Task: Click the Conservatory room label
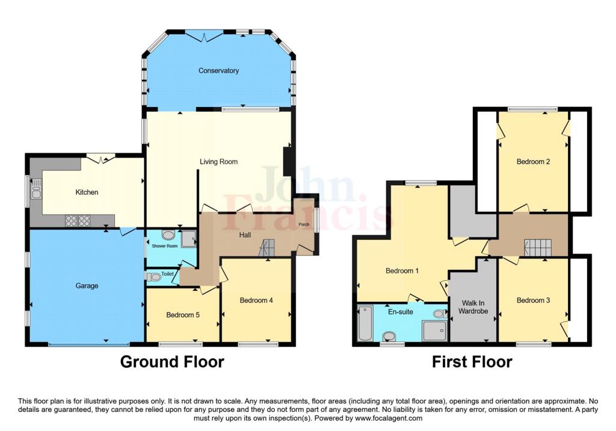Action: pos(218,71)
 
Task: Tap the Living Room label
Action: pos(218,161)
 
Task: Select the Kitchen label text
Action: pos(87,192)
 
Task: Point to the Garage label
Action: pos(87,286)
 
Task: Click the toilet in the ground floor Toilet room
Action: pos(153,277)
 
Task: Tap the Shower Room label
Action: pos(165,246)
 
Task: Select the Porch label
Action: pos(304,225)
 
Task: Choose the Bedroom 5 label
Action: pos(183,315)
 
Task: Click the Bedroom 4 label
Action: pos(256,301)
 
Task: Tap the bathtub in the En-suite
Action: pos(365,323)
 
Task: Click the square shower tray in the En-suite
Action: pos(434,331)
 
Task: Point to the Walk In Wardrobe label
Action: pos(473,307)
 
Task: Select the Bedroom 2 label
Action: pos(533,161)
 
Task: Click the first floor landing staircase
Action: pos(538,248)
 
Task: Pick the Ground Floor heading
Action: pos(172,361)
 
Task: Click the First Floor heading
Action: pos(472,361)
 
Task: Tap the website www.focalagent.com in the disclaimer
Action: pos(389,418)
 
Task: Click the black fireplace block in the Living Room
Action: pos(288,161)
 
